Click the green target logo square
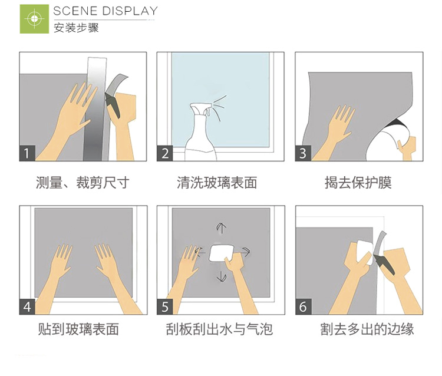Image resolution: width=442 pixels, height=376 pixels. pyautogui.click(x=34, y=19)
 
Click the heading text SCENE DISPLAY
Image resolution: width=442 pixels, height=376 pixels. pyautogui.click(x=105, y=11)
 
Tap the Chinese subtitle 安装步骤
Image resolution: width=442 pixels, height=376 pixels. pyautogui.click(x=76, y=28)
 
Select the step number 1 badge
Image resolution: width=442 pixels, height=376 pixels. pyautogui.click(x=27, y=153)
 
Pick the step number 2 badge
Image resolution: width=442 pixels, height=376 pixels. pyautogui.click(x=165, y=153)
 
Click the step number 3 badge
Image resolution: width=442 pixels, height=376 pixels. pyautogui.click(x=303, y=153)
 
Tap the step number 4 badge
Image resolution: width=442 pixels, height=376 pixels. pyautogui.click(x=27, y=306)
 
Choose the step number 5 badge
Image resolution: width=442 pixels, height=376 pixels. pyautogui.click(x=165, y=306)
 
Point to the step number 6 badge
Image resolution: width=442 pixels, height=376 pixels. pyautogui.click(x=304, y=306)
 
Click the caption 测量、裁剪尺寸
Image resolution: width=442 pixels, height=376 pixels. pyautogui.click(x=83, y=182)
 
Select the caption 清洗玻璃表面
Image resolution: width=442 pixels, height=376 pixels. pyautogui.click(x=217, y=182)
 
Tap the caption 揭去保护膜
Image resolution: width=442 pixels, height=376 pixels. pyautogui.click(x=358, y=182)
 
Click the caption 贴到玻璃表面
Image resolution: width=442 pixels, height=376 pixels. pyautogui.click(x=78, y=329)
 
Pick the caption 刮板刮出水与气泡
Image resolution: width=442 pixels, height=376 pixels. pyautogui.click(x=219, y=329)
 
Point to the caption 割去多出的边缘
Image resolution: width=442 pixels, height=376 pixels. pyautogui.click(x=367, y=329)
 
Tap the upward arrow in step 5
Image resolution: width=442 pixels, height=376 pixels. pyautogui.click(x=222, y=228)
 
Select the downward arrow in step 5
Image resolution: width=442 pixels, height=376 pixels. pyautogui.click(x=222, y=276)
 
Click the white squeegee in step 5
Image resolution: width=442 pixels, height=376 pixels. pyautogui.click(x=222, y=253)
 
